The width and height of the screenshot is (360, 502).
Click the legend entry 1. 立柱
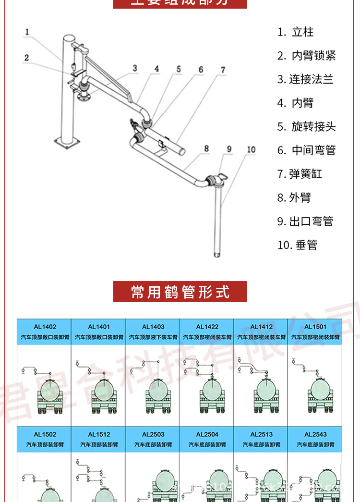tap(296, 32)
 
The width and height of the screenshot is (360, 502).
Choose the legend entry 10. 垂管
tap(298, 245)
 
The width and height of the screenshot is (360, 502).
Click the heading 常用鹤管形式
tap(180, 292)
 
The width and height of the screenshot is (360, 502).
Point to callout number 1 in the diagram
tap(27, 33)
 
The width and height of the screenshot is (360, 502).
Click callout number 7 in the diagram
tap(223, 70)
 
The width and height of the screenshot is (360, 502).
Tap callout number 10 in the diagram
tap(251, 150)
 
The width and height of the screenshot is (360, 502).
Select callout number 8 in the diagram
tap(206, 149)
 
